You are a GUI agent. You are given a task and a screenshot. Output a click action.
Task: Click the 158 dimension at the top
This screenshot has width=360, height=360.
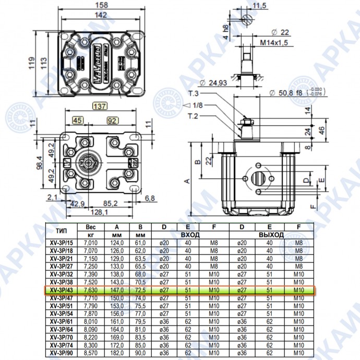[102, 5]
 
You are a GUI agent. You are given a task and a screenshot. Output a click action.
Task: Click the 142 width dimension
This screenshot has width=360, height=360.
[102, 16]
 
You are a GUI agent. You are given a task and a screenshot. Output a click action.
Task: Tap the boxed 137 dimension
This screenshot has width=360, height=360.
[100, 106]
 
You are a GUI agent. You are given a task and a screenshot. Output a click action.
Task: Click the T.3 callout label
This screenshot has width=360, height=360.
[194, 94]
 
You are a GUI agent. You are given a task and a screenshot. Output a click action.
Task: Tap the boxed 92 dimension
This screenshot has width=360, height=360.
[112, 121]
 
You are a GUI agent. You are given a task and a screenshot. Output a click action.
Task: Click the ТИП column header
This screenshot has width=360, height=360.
[61, 230]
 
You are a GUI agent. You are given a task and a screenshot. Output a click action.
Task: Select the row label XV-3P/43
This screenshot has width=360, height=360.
[61, 291]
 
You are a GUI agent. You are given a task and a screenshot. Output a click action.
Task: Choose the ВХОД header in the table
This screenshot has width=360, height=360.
[186, 235]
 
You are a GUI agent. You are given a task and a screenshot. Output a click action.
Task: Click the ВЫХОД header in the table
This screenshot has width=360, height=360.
[271, 235]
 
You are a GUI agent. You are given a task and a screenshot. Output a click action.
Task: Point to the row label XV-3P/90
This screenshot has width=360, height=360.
[61, 353]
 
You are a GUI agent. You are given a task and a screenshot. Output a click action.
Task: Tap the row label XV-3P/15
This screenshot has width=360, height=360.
[61, 243]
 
